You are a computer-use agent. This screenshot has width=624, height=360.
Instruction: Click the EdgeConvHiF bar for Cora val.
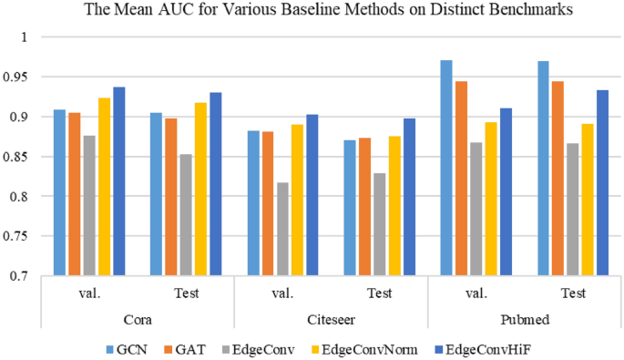[119, 181]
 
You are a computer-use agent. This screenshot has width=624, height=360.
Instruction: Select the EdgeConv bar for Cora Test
[186, 215]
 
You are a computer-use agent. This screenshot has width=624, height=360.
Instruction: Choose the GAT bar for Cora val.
[75, 194]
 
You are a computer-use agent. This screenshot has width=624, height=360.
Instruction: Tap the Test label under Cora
[186, 293]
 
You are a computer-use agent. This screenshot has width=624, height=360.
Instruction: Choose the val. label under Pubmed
[476, 293]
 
